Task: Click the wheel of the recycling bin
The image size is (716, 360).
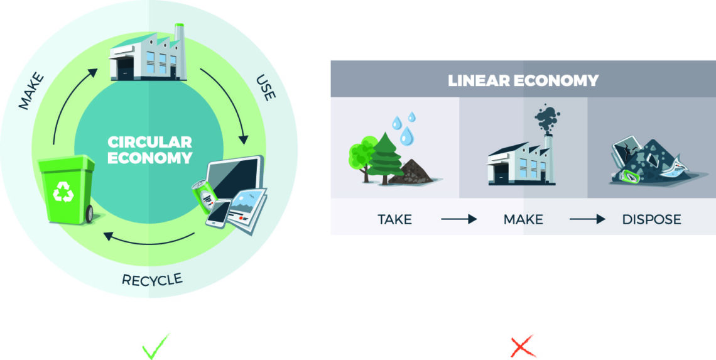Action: [x=90, y=214]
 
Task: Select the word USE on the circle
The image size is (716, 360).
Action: [x=264, y=89]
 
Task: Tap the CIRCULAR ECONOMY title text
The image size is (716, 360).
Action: [x=149, y=149]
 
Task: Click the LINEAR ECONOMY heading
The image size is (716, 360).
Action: [x=523, y=80]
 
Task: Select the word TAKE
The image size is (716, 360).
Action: [x=394, y=219]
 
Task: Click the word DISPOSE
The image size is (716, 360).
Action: [x=651, y=219]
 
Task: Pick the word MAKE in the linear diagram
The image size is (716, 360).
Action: [x=523, y=219]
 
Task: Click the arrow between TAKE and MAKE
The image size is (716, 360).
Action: [x=458, y=219]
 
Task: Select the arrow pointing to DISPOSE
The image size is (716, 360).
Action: [x=587, y=219]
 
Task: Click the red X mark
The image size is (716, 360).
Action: [x=523, y=346]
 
